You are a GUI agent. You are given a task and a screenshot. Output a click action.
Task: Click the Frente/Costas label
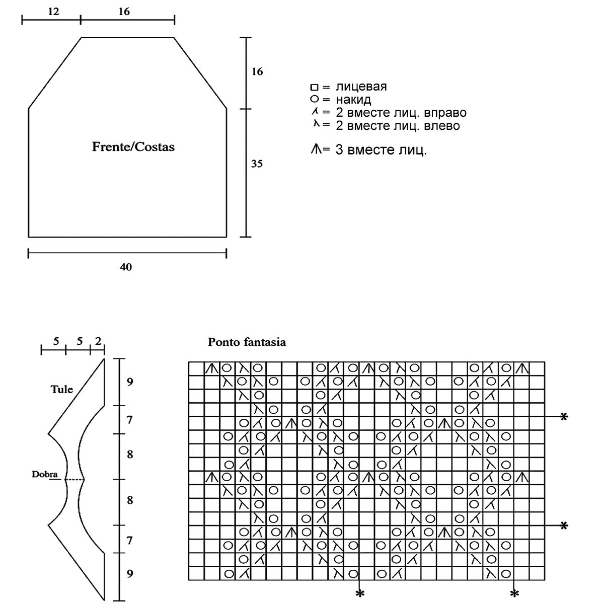click(x=133, y=147)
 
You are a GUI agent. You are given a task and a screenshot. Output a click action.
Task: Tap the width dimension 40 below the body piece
click(x=126, y=267)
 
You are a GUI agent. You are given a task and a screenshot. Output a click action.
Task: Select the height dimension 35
click(x=257, y=164)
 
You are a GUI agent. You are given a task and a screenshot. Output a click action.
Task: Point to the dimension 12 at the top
click(x=53, y=11)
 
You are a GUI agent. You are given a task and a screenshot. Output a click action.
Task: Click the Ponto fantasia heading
click(x=247, y=342)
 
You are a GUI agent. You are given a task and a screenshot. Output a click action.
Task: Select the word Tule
click(x=62, y=389)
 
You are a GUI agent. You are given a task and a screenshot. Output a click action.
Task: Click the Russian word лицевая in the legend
click(x=361, y=87)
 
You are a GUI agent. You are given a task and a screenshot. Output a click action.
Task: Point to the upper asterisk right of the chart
click(x=564, y=417)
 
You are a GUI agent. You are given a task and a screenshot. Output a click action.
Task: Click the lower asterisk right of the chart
click(x=564, y=525)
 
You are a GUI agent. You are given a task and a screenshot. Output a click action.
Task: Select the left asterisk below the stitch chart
click(x=359, y=593)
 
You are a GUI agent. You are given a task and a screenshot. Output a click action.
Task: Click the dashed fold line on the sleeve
click(x=74, y=480)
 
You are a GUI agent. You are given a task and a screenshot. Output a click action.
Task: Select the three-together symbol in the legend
click(x=316, y=149)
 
